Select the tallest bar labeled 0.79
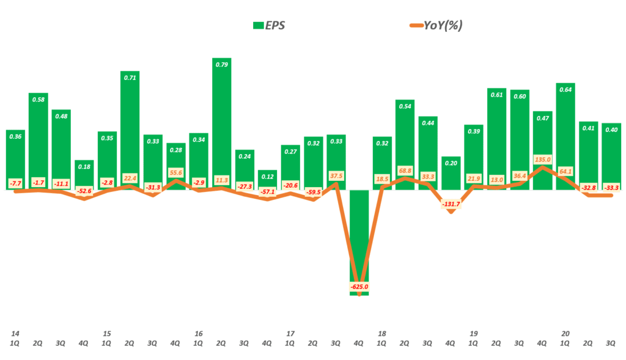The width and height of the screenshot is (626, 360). point(221,122)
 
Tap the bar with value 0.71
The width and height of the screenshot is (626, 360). point(130,128)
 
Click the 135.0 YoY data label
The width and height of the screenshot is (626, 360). point(542,160)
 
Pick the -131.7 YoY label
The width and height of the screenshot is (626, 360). point(450,204)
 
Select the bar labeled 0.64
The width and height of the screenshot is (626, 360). point(565,134)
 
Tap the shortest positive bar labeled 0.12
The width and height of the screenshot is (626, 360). point(267,180)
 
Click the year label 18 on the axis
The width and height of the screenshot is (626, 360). point(381,334)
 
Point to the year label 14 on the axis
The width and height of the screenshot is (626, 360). point(15,334)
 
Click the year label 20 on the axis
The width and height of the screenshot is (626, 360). point(565,334)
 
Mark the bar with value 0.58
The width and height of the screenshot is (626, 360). point(38,141)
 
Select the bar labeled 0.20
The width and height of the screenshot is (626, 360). point(450,173)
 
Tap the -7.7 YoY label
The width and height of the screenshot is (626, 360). point(15,182)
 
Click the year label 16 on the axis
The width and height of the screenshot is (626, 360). point(198,334)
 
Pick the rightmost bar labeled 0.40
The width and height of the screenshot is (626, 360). point(611,156)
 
